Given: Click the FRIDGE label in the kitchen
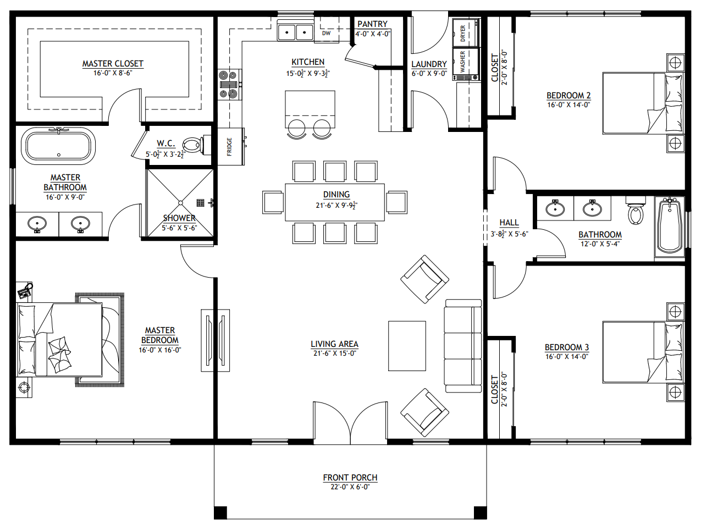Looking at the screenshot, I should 230,146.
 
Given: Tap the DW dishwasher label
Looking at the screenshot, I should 326,33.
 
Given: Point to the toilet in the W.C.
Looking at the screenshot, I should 192,146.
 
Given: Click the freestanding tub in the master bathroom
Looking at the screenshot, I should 58,146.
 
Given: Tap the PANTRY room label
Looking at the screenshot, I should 372,24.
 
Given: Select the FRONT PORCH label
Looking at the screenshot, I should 350,478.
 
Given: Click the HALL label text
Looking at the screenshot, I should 509,223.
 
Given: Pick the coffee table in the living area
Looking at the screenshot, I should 407,346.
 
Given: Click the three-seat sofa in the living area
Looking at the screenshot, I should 463,346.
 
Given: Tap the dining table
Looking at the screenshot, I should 335,202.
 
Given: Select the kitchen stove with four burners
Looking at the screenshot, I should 228,85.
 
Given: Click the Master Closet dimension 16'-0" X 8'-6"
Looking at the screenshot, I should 113,73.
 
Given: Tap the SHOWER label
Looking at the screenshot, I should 179,218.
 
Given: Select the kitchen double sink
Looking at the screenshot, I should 295,32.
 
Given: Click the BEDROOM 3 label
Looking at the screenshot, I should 566,347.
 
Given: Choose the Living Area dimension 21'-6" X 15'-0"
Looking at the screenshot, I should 334,354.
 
